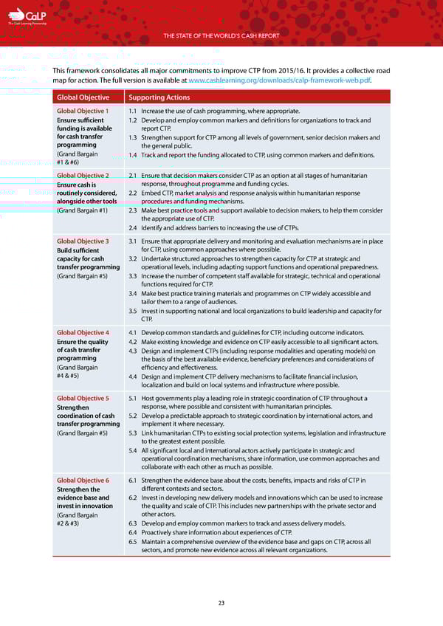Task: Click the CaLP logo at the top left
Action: click(x=30, y=16)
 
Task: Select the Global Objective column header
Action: click(x=83, y=97)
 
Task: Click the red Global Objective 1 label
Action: click(x=83, y=111)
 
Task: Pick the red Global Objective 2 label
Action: click(x=83, y=176)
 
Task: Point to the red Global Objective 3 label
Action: click(x=83, y=241)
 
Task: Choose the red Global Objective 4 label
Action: click(x=83, y=333)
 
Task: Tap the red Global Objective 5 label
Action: click(x=83, y=398)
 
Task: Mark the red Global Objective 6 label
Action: click(x=83, y=481)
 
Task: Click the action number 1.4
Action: click(x=133, y=155)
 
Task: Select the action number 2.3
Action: click(x=133, y=210)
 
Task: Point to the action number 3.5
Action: click(x=133, y=311)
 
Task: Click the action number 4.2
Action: click(x=133, y=342)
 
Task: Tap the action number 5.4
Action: click(x=133, y=450)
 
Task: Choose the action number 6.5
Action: click(x=133, y=542)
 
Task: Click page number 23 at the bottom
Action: click(x=221, y=603)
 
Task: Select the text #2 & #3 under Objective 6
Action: click(x=68, y=524)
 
